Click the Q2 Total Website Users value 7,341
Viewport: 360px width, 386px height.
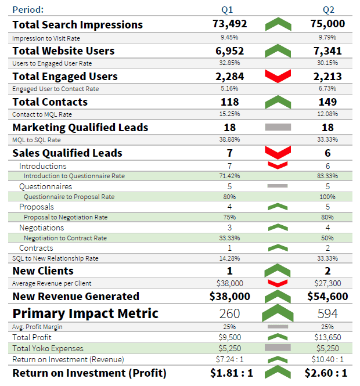click(x=329, y=50)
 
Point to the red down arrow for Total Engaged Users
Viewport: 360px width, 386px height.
click(x=277, y=76)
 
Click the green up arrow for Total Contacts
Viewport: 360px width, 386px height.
click(x=277, y=102)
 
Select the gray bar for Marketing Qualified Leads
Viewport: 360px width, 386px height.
click(x=277, y=127)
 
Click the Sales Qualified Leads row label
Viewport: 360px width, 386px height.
click(x=67, y=153)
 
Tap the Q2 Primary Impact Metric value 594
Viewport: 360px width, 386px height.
click(x=329, y=313)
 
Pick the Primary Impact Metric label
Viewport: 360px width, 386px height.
click(x=85, y=313)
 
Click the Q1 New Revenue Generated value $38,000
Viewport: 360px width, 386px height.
click(x=229, y=296)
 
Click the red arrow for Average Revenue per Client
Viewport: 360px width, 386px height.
click(x=277, y=283)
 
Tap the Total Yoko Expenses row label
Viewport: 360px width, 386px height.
click(x=48, y=348)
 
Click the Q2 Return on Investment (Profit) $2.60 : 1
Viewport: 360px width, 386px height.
click(x=329, y=373)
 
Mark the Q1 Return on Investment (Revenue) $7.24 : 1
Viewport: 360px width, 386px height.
click(x=229, y=360)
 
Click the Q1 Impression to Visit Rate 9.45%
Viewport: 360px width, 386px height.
click(x=229, y=38)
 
